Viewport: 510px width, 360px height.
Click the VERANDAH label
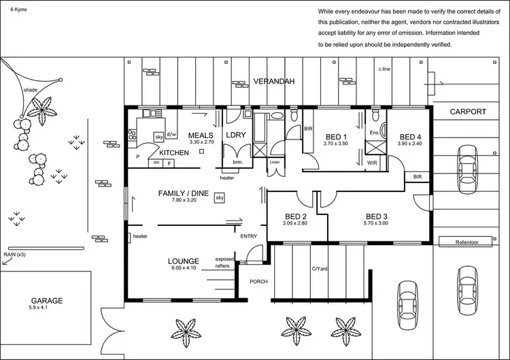tap(274, 82)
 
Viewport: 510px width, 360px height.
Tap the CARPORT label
tap(469, 112)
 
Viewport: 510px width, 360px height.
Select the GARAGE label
tap(48, 300)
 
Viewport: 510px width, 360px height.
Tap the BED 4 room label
tap(411, 136)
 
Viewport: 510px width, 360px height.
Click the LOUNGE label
tap(184, 261)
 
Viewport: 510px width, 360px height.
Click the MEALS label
tap(201, 135)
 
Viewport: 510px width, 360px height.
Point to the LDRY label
tap(236, 135)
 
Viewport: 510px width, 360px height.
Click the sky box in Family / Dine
tap(220, 198)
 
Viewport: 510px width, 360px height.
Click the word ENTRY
tap(249, 235)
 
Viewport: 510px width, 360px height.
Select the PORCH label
tap(258, 281)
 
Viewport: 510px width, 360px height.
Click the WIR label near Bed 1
tap(372, 163)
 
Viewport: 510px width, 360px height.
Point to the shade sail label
tap(30, 90)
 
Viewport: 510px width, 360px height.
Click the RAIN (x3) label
tap(14, 255)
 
